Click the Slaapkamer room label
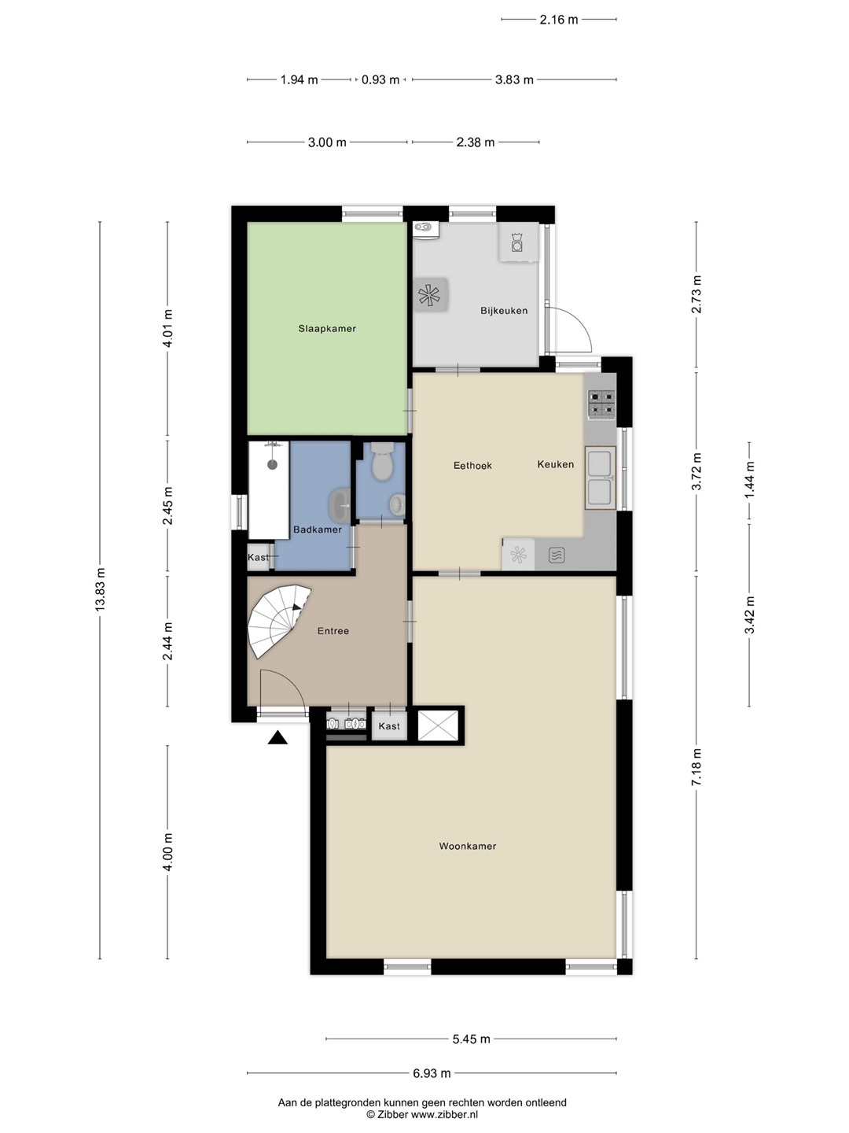click(x=327, y=328)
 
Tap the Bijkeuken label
click(x=504, y=311)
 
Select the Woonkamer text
click(x=468, y=846)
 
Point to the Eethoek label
click(x=472, y=466)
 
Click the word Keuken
click(x=555, y=464)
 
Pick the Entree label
click(x=333, y=631)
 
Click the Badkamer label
click(x=317, y=530)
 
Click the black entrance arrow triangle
click(x=277, y=738)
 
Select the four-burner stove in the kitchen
click(x=601, y=404)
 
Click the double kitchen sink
click(x=600, y=478)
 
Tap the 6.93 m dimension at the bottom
click(x=432, y=1073)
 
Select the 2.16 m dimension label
click(x=559, y=20)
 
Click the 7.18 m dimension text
click(x=696, y=767)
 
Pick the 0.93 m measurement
click(x=380, y=80)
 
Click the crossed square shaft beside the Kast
click(x=438, y=725)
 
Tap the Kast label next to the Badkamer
click(x=258, y=557)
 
